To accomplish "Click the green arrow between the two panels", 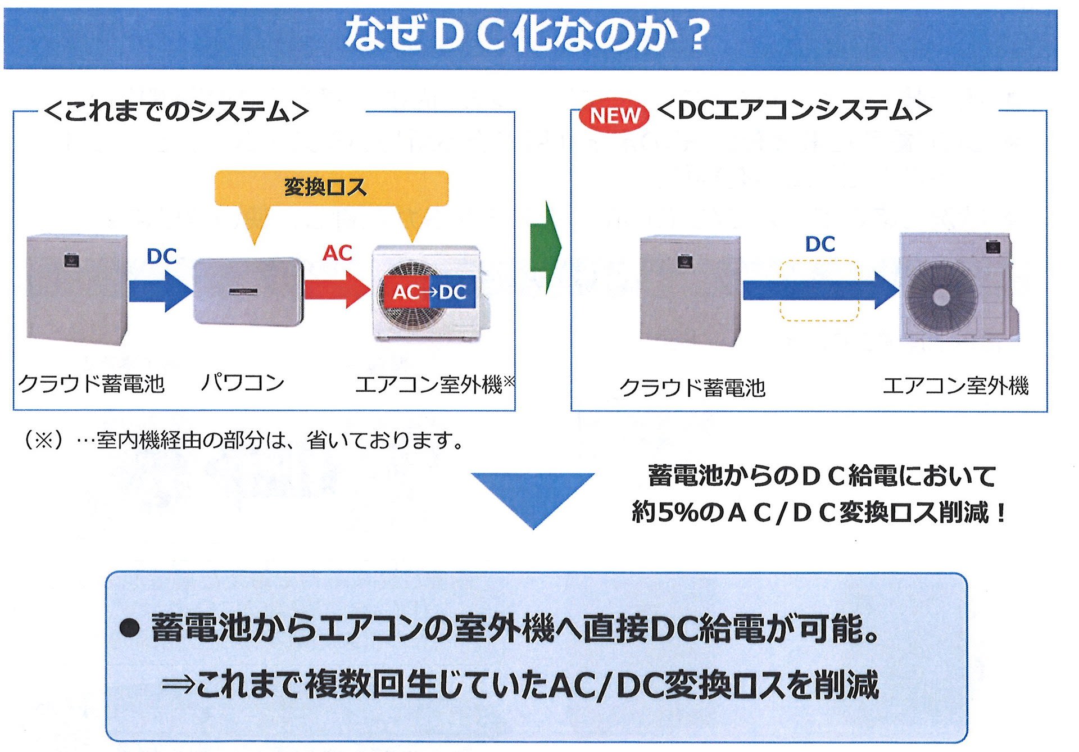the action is (546, 247).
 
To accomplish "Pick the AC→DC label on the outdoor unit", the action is (429, 292).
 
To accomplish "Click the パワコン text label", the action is (243, 383).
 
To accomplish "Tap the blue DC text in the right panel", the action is (820, 244).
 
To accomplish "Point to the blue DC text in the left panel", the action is (161, 256).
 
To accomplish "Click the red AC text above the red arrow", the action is (337, 253).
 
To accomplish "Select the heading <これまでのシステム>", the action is (176, 111).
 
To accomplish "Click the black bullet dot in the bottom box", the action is (129, 628).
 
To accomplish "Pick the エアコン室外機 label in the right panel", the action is (955, 386).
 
